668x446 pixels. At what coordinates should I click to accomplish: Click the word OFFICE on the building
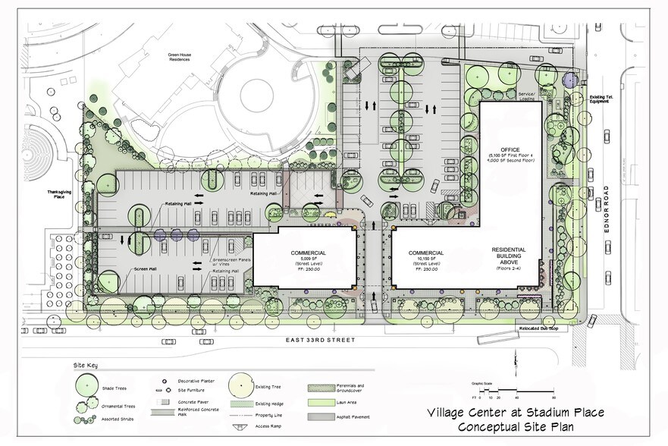pos(511,149)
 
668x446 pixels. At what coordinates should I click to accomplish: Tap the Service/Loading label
pos(527,96)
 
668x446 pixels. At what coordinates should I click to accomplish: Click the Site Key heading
pos(86,366)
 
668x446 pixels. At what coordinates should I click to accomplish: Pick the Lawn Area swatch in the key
pos(319,402)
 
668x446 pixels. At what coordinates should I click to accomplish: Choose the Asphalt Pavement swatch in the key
pos(319,417)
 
